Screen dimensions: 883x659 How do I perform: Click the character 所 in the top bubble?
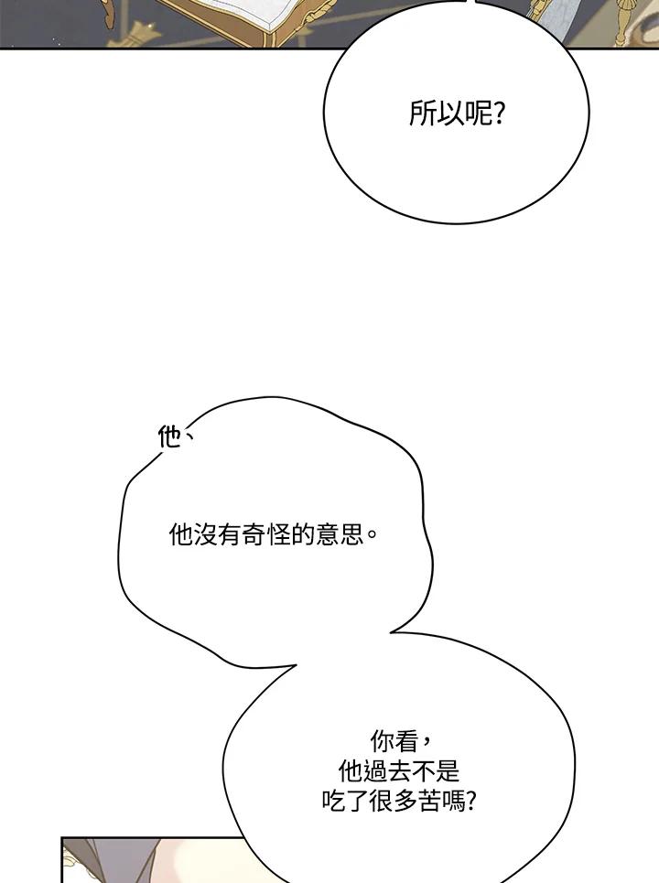tap(421, 115)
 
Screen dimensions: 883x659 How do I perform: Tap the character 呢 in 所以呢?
tap(473, 115)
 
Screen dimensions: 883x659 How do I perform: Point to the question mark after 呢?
tap(499, 115)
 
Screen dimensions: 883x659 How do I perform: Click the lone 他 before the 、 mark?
tap(169, 438)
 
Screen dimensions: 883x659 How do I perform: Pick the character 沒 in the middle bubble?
tap(203, 535)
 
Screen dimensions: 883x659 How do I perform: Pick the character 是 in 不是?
tap(445, 771)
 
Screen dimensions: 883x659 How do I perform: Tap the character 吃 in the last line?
tap(333, 802)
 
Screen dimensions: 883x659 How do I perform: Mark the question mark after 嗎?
tap(470, 802)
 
